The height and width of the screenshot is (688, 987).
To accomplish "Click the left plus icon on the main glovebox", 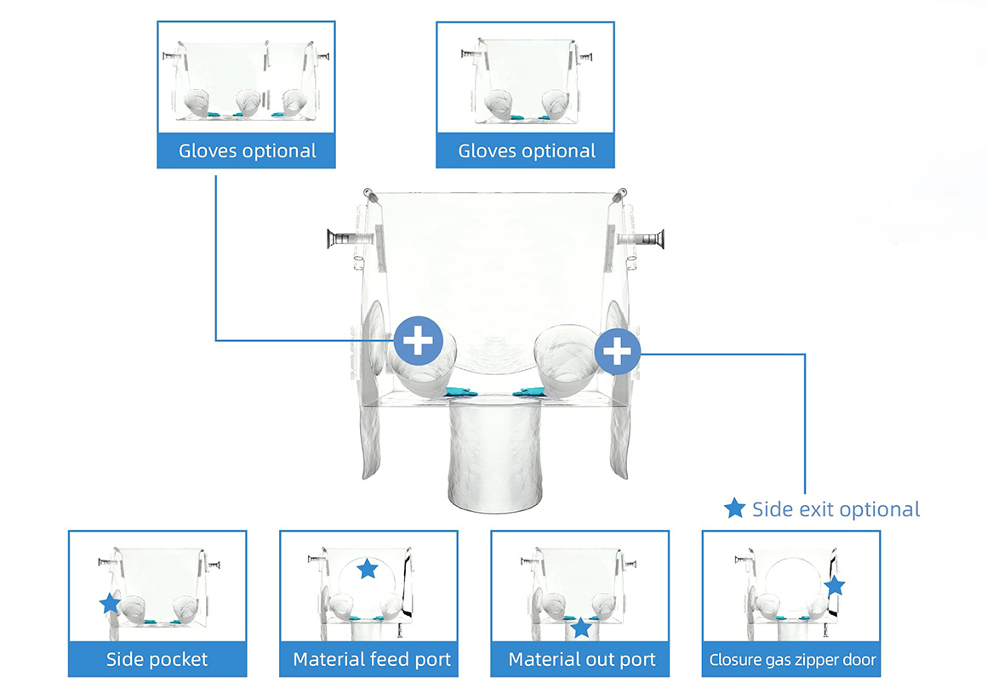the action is pyautogui.click(x=418, y=341).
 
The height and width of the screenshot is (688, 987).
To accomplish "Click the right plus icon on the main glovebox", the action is pyautogui.click(x=617, y=351).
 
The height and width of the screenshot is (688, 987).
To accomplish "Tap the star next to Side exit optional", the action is pyautogui.click(x=734, y=509).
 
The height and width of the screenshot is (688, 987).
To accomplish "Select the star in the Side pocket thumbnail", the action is pyautogui.click(x=110, y=603).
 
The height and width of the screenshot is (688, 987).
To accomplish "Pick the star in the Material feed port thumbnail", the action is pyautogui.click(x=367, y=568).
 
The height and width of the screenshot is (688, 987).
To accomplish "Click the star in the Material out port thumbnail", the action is pyautogui.click(x=580, y=627).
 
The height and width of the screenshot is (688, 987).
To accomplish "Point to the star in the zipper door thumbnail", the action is pyautogui.click(x=835, y=585).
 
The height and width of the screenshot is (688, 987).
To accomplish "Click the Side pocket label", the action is pyautogui.click(x=157, y=659).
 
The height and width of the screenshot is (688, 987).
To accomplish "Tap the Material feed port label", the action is pyautogui.click(x=371, y=659).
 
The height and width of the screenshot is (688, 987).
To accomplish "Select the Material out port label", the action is pyautogui.click(x=582, y=659).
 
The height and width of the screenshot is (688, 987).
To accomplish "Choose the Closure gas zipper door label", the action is pyautogui.click(x=792, y=660).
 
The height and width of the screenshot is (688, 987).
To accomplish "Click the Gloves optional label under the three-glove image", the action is pyautogui.click(x=247, y=151).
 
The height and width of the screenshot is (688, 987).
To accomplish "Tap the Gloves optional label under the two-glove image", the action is pyautogui.click(x=526, y=151).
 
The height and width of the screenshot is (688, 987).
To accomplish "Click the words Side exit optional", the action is pyautogui.click(x=836, y=509).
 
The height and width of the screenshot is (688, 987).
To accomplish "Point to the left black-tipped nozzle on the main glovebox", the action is pyautogui.click(x=350, y=239).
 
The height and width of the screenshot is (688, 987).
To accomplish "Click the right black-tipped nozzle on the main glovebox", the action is pyautogui.click(x=641, y=239).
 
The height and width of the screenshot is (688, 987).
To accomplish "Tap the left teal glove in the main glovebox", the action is pyautogui.click(x=461, y=392).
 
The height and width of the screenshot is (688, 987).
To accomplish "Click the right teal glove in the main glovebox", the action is pyautogui.click(x=528, y=392).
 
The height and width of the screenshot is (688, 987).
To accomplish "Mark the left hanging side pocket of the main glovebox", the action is pyautogui.click(x=372, y=441).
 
